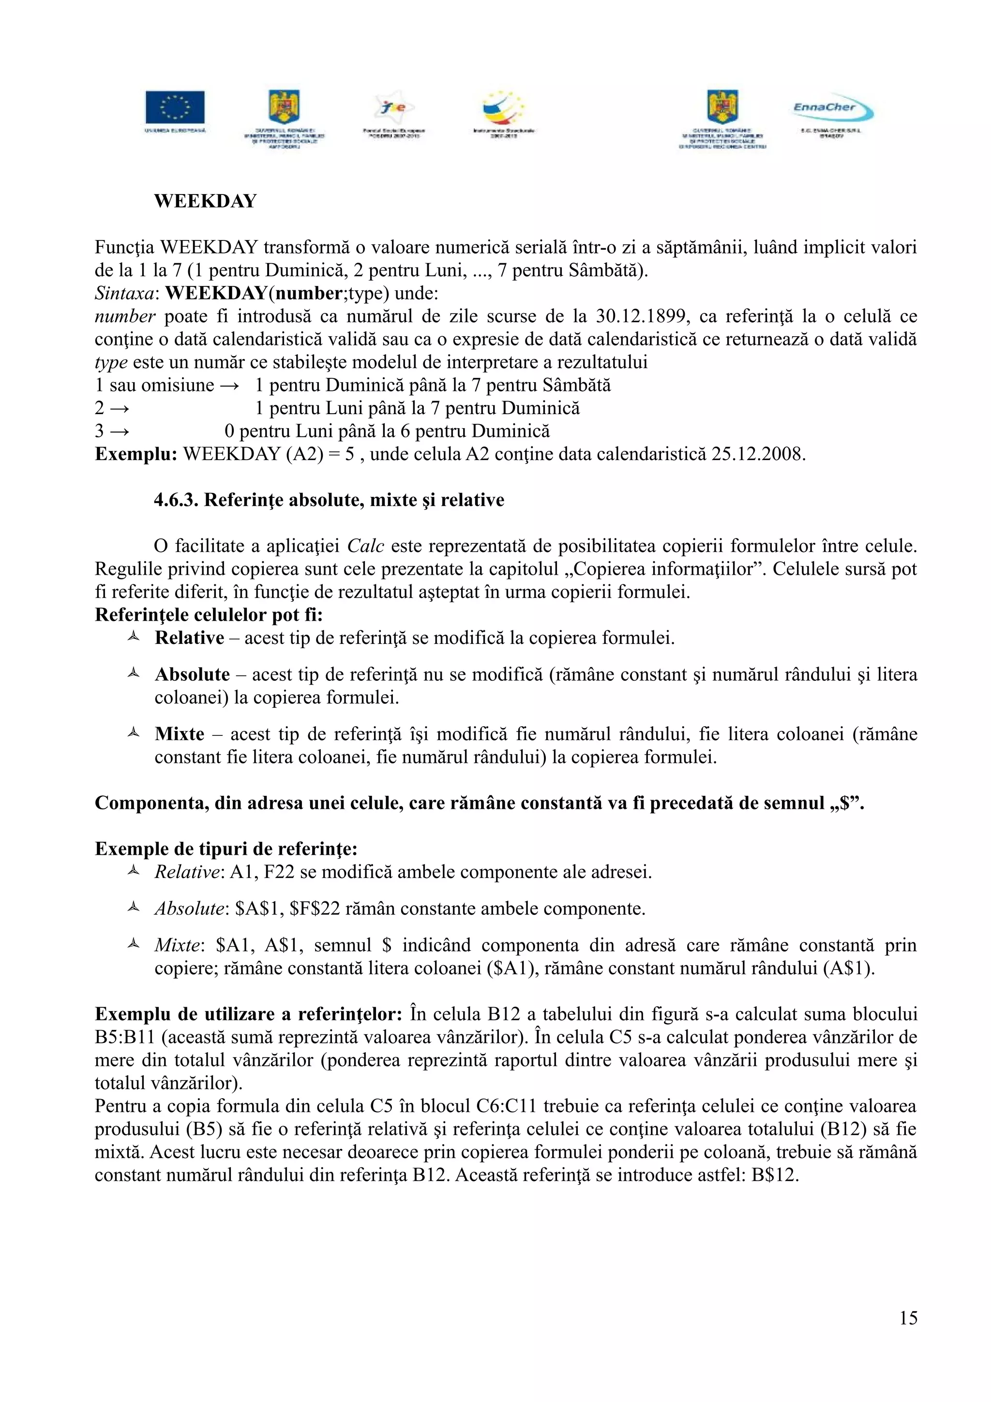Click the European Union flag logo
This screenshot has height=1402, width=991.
pyautogui.click(x=175, y=107)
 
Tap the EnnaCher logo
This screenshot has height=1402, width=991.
pyautogui.click(x=832, y=110)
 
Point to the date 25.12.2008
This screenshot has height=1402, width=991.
pyautogui.click(x=758, y=454)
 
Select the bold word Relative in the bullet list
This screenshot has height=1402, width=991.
pyautogui.click(x=189, y=638)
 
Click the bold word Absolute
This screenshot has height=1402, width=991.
pyautogui.click(x=192, y=675)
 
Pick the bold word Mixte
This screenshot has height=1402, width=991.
pyautogui.click(x=179, y=734)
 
